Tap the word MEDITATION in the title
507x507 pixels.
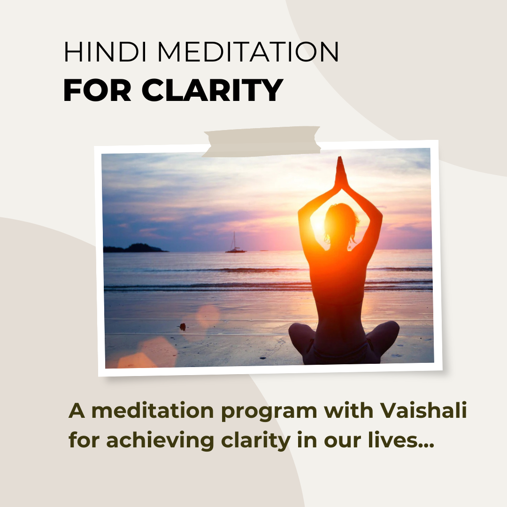click(x=248, y=52)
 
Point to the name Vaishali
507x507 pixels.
click(x=423, y=410)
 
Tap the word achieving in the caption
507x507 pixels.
click(x=160, y=440)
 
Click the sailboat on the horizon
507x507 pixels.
click(x=235, y=243)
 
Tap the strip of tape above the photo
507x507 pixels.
click(x=261, y=142)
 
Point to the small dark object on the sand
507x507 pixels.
click(x=183, y=327)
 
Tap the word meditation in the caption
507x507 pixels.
click(x=153, y=410)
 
